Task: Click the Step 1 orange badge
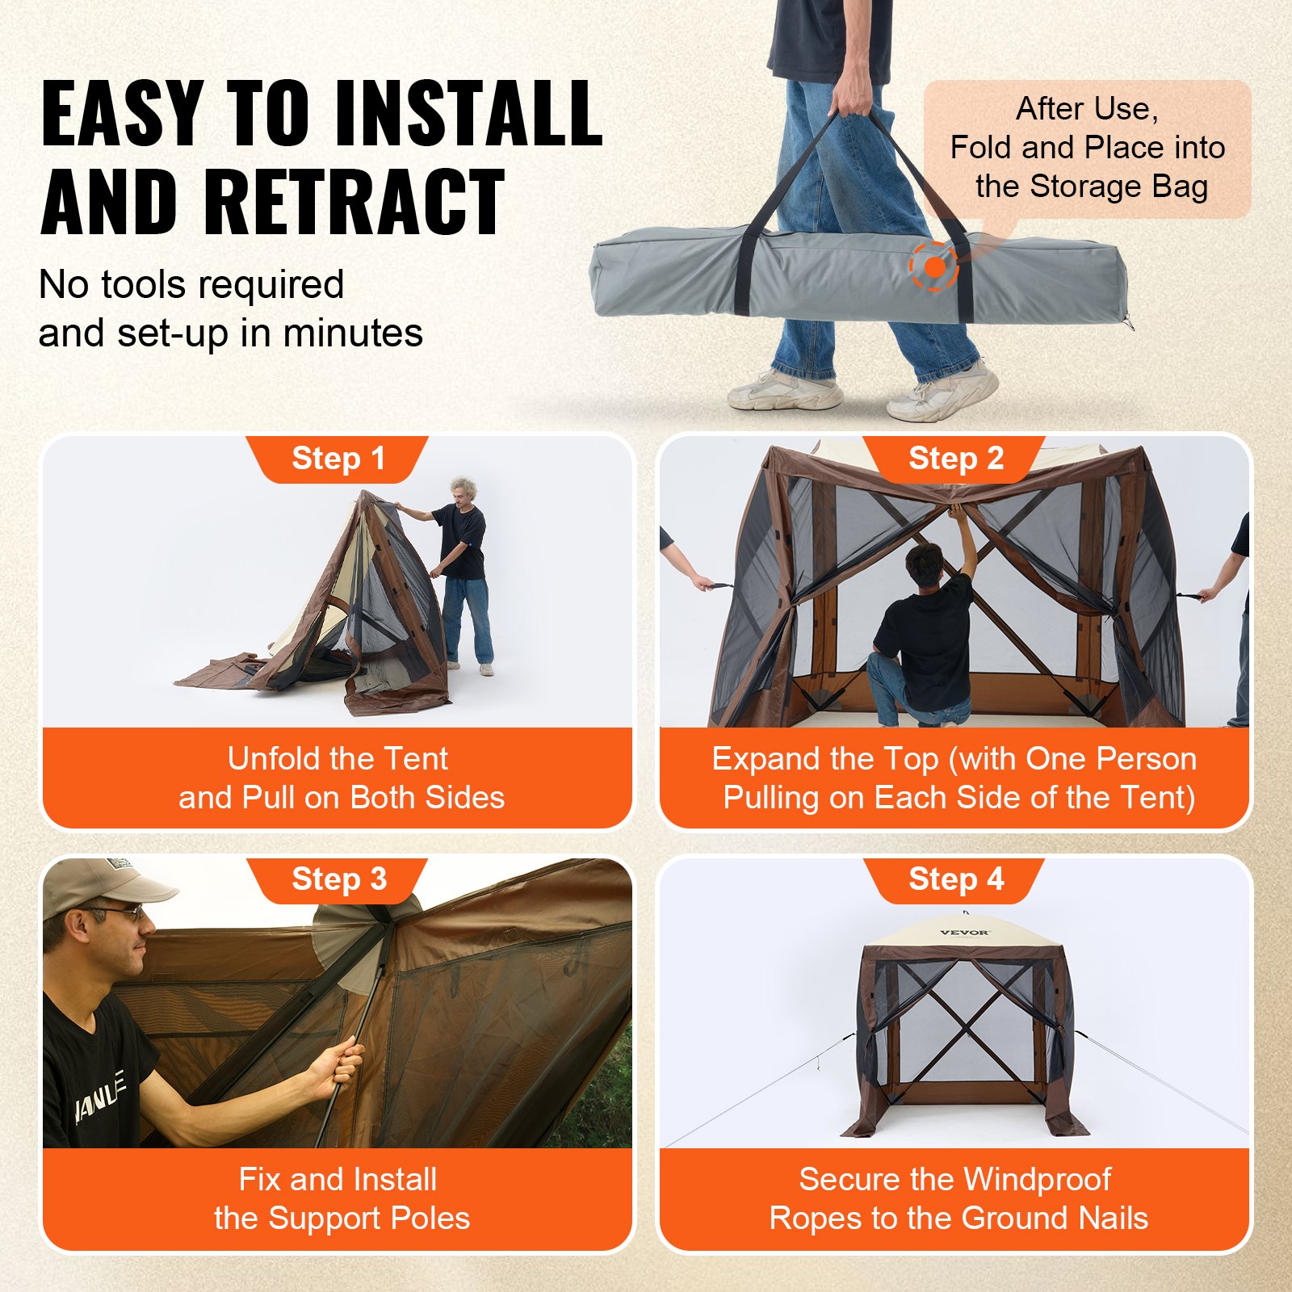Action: coord(338,459)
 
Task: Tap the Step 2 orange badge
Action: coord(955,459)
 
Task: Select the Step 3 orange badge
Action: coord(338,879)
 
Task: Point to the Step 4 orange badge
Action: coord(955,879)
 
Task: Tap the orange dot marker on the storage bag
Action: coord(934,266)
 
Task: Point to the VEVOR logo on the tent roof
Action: coord(964,933)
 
